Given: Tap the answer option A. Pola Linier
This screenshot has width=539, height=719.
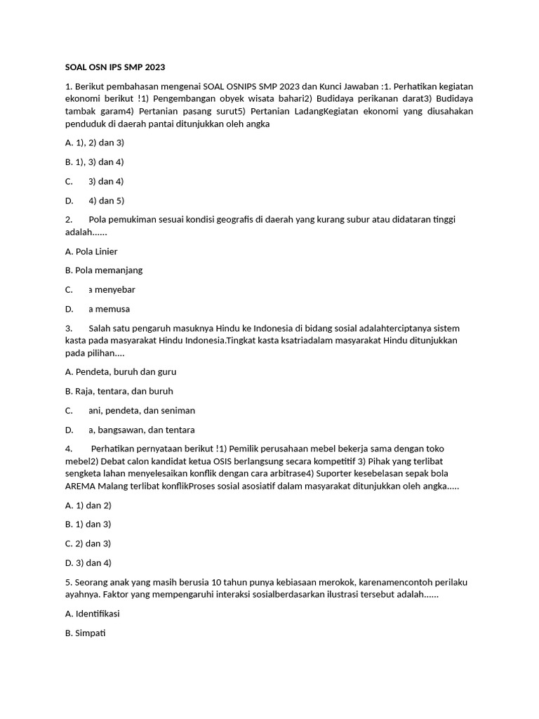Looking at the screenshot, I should tap(91, 251).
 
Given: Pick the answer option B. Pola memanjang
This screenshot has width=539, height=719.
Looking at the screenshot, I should tap(103, 270).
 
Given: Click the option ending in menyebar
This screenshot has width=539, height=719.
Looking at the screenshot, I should tap(111, 289).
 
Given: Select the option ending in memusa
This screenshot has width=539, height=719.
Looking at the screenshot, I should tap(109, 309).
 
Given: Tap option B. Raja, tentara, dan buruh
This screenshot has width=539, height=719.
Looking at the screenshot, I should tap(119, 391).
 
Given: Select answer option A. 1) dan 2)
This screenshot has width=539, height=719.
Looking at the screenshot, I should tap(88, 505).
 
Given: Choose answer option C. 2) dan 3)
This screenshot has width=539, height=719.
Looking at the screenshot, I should tap(88, 543).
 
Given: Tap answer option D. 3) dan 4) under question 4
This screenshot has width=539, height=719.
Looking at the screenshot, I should tap(88, 562).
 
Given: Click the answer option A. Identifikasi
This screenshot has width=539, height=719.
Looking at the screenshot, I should tap(92, 614).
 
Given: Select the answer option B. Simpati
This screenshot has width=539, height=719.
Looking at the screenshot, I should tap(85, 633).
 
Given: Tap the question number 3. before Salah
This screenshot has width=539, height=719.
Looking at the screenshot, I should tap(69, 328).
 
